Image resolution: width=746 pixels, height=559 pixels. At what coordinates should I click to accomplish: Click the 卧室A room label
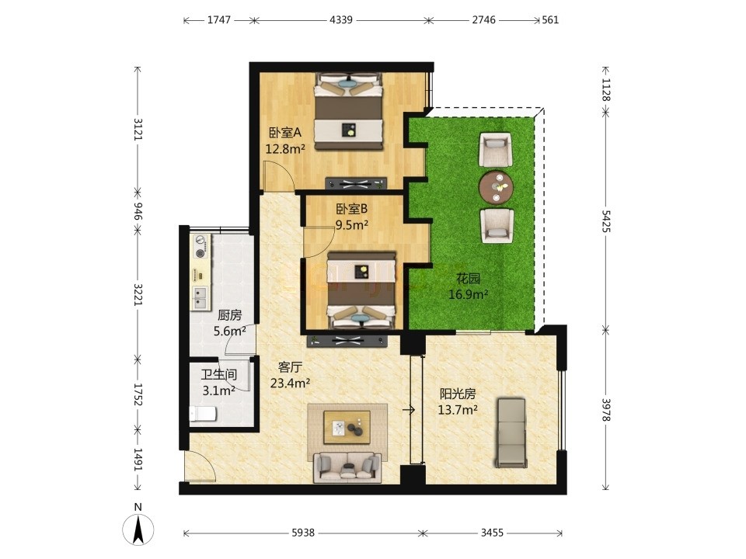285,133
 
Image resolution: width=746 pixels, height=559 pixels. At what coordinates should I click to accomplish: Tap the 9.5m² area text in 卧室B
351,225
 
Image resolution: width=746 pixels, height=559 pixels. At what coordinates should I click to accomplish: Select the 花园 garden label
468,279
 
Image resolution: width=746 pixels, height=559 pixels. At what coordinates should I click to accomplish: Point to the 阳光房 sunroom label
458,394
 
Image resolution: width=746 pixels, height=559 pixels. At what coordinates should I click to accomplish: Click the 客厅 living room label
290,367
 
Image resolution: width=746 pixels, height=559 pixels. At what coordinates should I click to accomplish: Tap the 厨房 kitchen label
230,315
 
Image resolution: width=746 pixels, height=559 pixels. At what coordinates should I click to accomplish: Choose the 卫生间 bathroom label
219,374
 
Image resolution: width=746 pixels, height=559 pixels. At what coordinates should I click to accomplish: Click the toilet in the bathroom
203,414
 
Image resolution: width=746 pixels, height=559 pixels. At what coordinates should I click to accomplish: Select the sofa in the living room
347,467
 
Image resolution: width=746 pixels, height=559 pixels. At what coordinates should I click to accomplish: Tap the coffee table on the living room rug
347,427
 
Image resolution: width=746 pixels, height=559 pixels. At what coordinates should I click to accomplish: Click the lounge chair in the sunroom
511,432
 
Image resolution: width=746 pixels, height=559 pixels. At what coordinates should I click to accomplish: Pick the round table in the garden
497,187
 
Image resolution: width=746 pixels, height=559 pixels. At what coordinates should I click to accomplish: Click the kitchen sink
200,297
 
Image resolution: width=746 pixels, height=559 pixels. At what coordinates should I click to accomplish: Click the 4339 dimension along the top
341,20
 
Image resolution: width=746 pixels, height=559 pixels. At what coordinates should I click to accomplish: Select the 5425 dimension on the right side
605,220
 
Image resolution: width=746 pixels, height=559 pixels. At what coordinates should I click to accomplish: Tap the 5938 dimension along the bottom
303,533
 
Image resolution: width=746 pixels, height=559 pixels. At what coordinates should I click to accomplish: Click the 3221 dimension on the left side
138,295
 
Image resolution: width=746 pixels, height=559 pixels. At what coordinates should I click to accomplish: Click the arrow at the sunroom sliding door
409,410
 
